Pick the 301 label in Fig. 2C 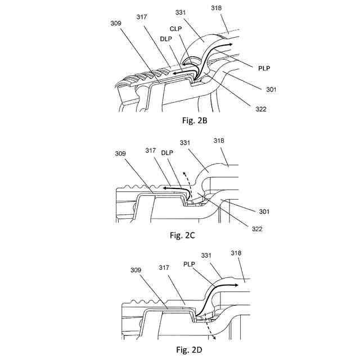tap(263, 211)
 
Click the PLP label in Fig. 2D tap(190, 262)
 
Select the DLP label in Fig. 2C tap(167, 152)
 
